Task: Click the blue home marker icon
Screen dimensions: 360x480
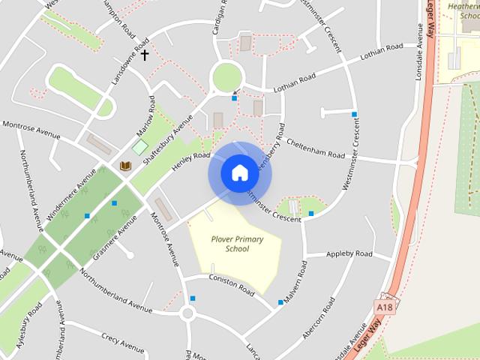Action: [x=239, y=173]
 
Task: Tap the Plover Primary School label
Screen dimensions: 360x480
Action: [x=237, y=244]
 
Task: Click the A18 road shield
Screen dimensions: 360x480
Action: [x=385, y=307]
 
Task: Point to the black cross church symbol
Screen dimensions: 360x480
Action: [x=144, y=55]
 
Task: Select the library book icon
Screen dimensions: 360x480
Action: [x=124, y=166]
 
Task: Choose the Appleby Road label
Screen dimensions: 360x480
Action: [x=349, y=255]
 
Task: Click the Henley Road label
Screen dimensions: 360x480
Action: [x=191, y=160]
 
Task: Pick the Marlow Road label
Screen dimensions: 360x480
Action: [x=145, y=117]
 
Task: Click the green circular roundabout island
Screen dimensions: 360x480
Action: [x=227, y=76]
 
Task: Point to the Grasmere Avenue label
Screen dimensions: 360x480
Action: [x=114, y=238]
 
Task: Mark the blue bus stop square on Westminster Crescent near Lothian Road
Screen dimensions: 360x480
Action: [x=354, y=114]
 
